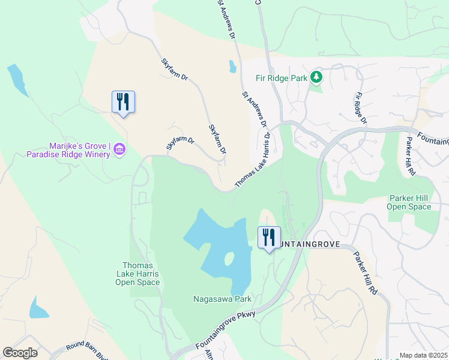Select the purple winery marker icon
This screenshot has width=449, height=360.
[x=119, y=149]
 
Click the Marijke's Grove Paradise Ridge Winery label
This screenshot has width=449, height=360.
[x=68, y=149]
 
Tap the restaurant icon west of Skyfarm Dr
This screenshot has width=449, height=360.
[x=123, y=101]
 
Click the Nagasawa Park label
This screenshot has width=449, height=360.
[x=222, y=298]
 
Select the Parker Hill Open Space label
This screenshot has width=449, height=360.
[x=410, y=202]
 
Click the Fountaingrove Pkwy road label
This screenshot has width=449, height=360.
[x=226, y=330]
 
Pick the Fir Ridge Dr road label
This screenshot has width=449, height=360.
[x=360, y=108]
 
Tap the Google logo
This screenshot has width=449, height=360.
[x=20, y=353]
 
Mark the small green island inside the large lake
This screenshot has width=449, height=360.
[x=228, y=259]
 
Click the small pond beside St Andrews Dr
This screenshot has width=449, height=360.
[x=232, y=67]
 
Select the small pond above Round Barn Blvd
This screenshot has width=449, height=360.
[x=38, y=308]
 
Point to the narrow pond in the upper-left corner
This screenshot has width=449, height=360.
[x=17, y=80]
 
